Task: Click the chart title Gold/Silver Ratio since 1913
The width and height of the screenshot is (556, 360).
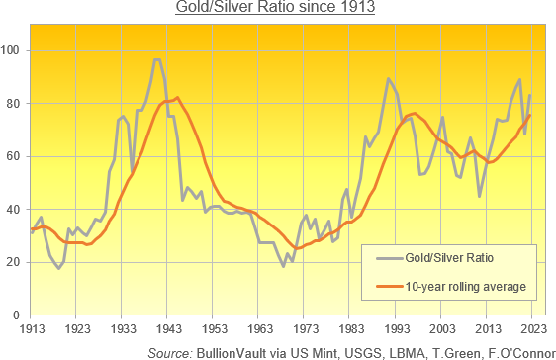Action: (x=277, y=10)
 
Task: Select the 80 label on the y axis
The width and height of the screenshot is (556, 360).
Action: (x=18, y=104)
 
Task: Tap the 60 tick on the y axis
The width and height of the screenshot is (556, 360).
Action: (x=18, y=156)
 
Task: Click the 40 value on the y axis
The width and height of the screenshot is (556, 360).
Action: (x=18, y=210)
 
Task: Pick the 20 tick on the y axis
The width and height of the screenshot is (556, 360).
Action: (x=18, y=262)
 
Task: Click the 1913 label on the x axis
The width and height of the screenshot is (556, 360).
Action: (x=32, y=328)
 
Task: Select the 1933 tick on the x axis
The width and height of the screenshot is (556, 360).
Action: (x=123, y=328)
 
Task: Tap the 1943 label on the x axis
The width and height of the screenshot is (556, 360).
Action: (x=168, y=328)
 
